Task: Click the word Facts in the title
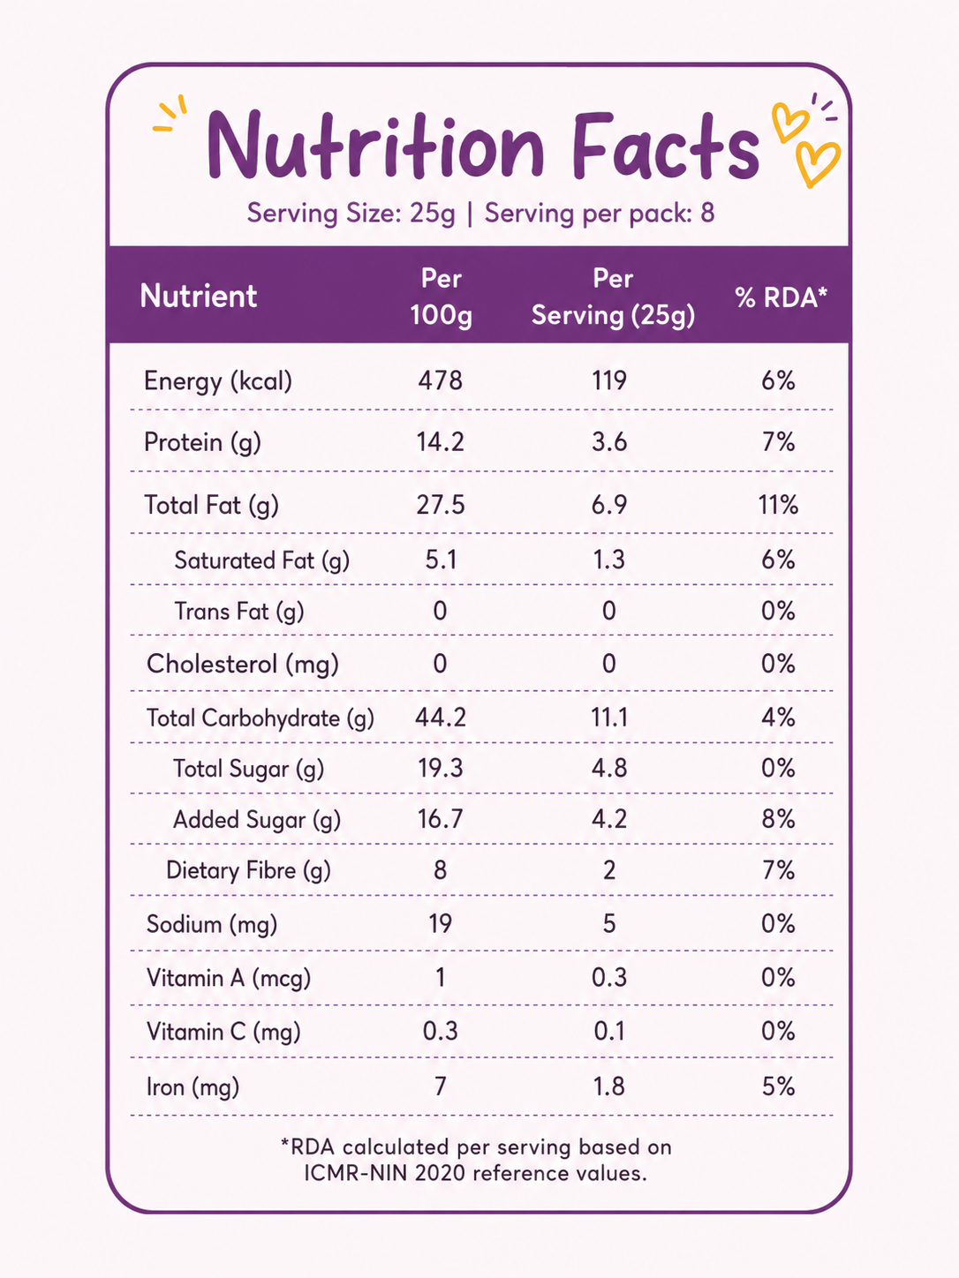pos(666,146)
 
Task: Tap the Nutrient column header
pos(199,296)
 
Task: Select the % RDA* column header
pos(781,297)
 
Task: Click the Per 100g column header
pos(441,297)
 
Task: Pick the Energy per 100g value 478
pos(440,380)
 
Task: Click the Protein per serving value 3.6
pos(609,442)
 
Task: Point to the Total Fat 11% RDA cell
pos(778,504)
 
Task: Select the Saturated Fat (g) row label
pos(262,560)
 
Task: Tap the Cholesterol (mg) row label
pos(242,665)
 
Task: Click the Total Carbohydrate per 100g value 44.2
pos(440,718)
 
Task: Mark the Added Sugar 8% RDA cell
pos(778,819)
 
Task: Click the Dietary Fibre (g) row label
pos(249,871)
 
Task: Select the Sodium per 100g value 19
pos(440,923)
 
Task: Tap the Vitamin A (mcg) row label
pos(228,978)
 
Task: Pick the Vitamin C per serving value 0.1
pos(609,1031)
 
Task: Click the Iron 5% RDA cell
pos(778,1086)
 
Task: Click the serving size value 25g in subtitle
pos(432,214)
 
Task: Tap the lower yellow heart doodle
pos(818,163)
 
